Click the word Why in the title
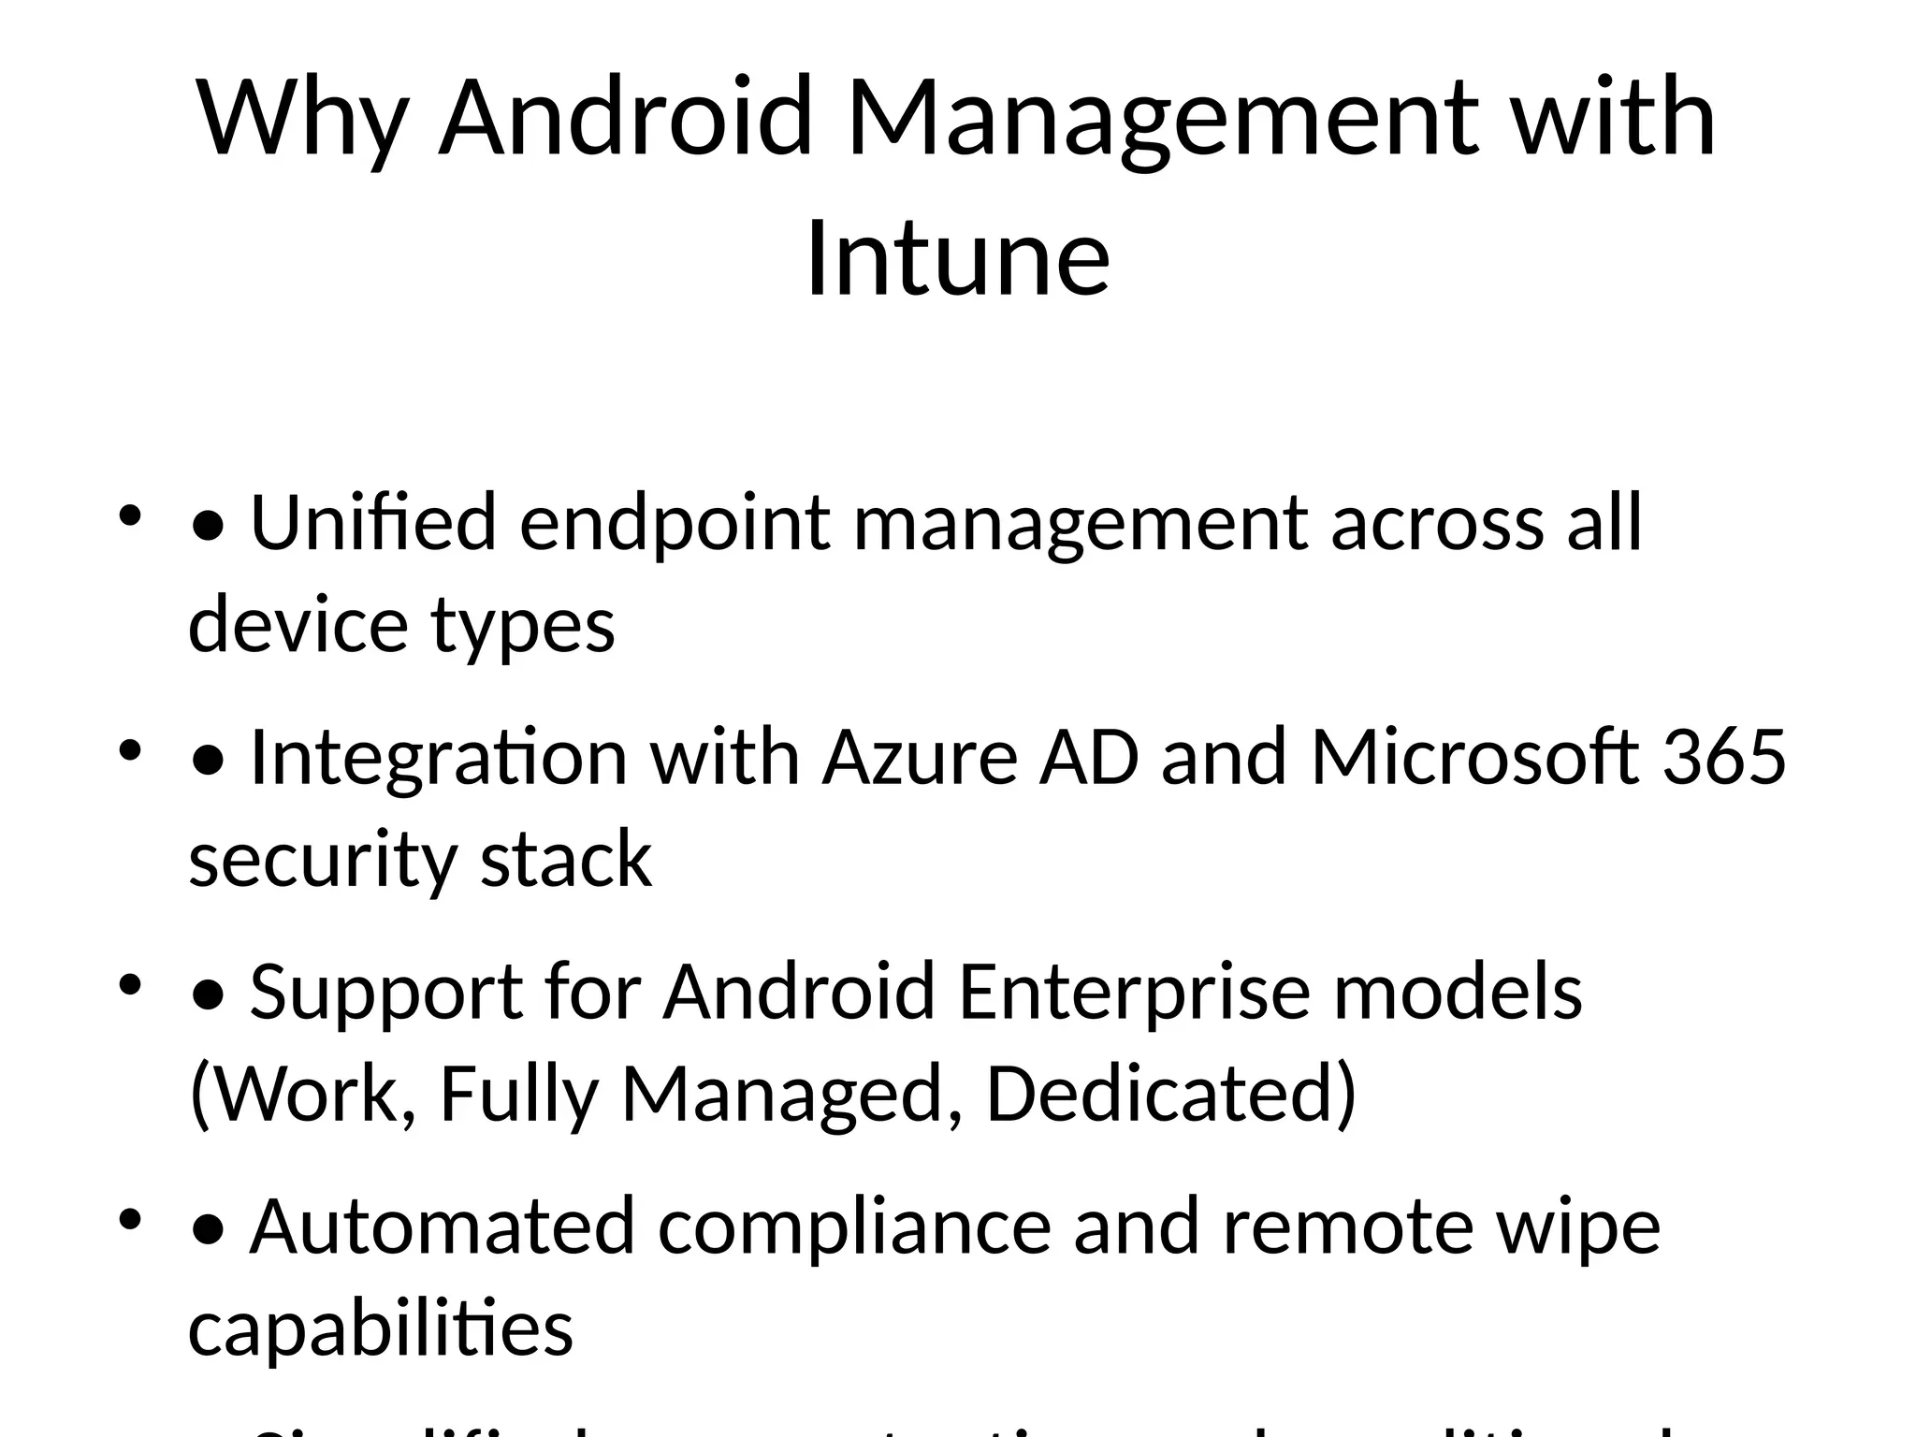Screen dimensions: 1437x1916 (303, 119)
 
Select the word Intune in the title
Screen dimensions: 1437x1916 (958, 257)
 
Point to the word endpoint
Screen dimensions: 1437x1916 (675, 524)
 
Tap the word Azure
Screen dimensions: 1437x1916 (920, 757)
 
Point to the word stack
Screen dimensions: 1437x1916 (565, 860)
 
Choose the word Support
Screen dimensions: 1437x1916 (385, 993)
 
